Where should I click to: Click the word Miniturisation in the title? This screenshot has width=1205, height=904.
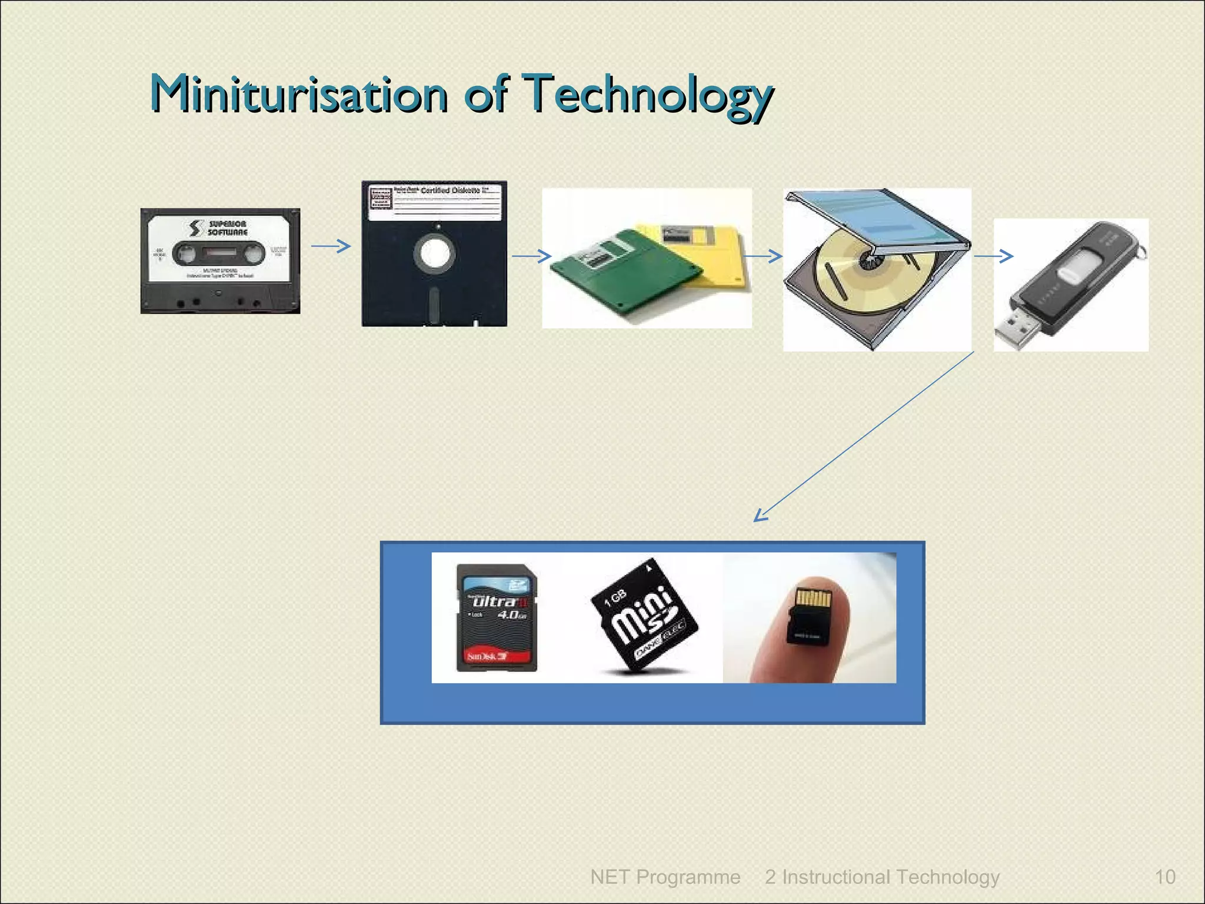(299, 94)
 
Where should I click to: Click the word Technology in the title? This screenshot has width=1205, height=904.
(647, 95)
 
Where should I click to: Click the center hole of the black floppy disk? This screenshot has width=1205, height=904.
(434, 254)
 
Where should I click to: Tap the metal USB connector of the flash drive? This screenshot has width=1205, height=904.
(1013, 330)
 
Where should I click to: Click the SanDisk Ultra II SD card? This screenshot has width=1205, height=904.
(497, 617)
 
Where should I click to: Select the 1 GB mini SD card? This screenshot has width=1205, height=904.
(644, 615)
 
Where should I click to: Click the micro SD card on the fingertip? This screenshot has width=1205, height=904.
(810, 615)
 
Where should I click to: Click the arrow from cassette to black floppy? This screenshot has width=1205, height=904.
(331, 246)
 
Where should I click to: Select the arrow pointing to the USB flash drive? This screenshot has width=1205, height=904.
(994, 256)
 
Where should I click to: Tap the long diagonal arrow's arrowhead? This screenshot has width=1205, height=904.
(760, 516)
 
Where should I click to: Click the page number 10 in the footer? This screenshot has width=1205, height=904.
(1165, 877)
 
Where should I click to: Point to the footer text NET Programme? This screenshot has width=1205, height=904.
(665, 877)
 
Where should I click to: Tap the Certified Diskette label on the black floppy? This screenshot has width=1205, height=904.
(450, 191)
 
